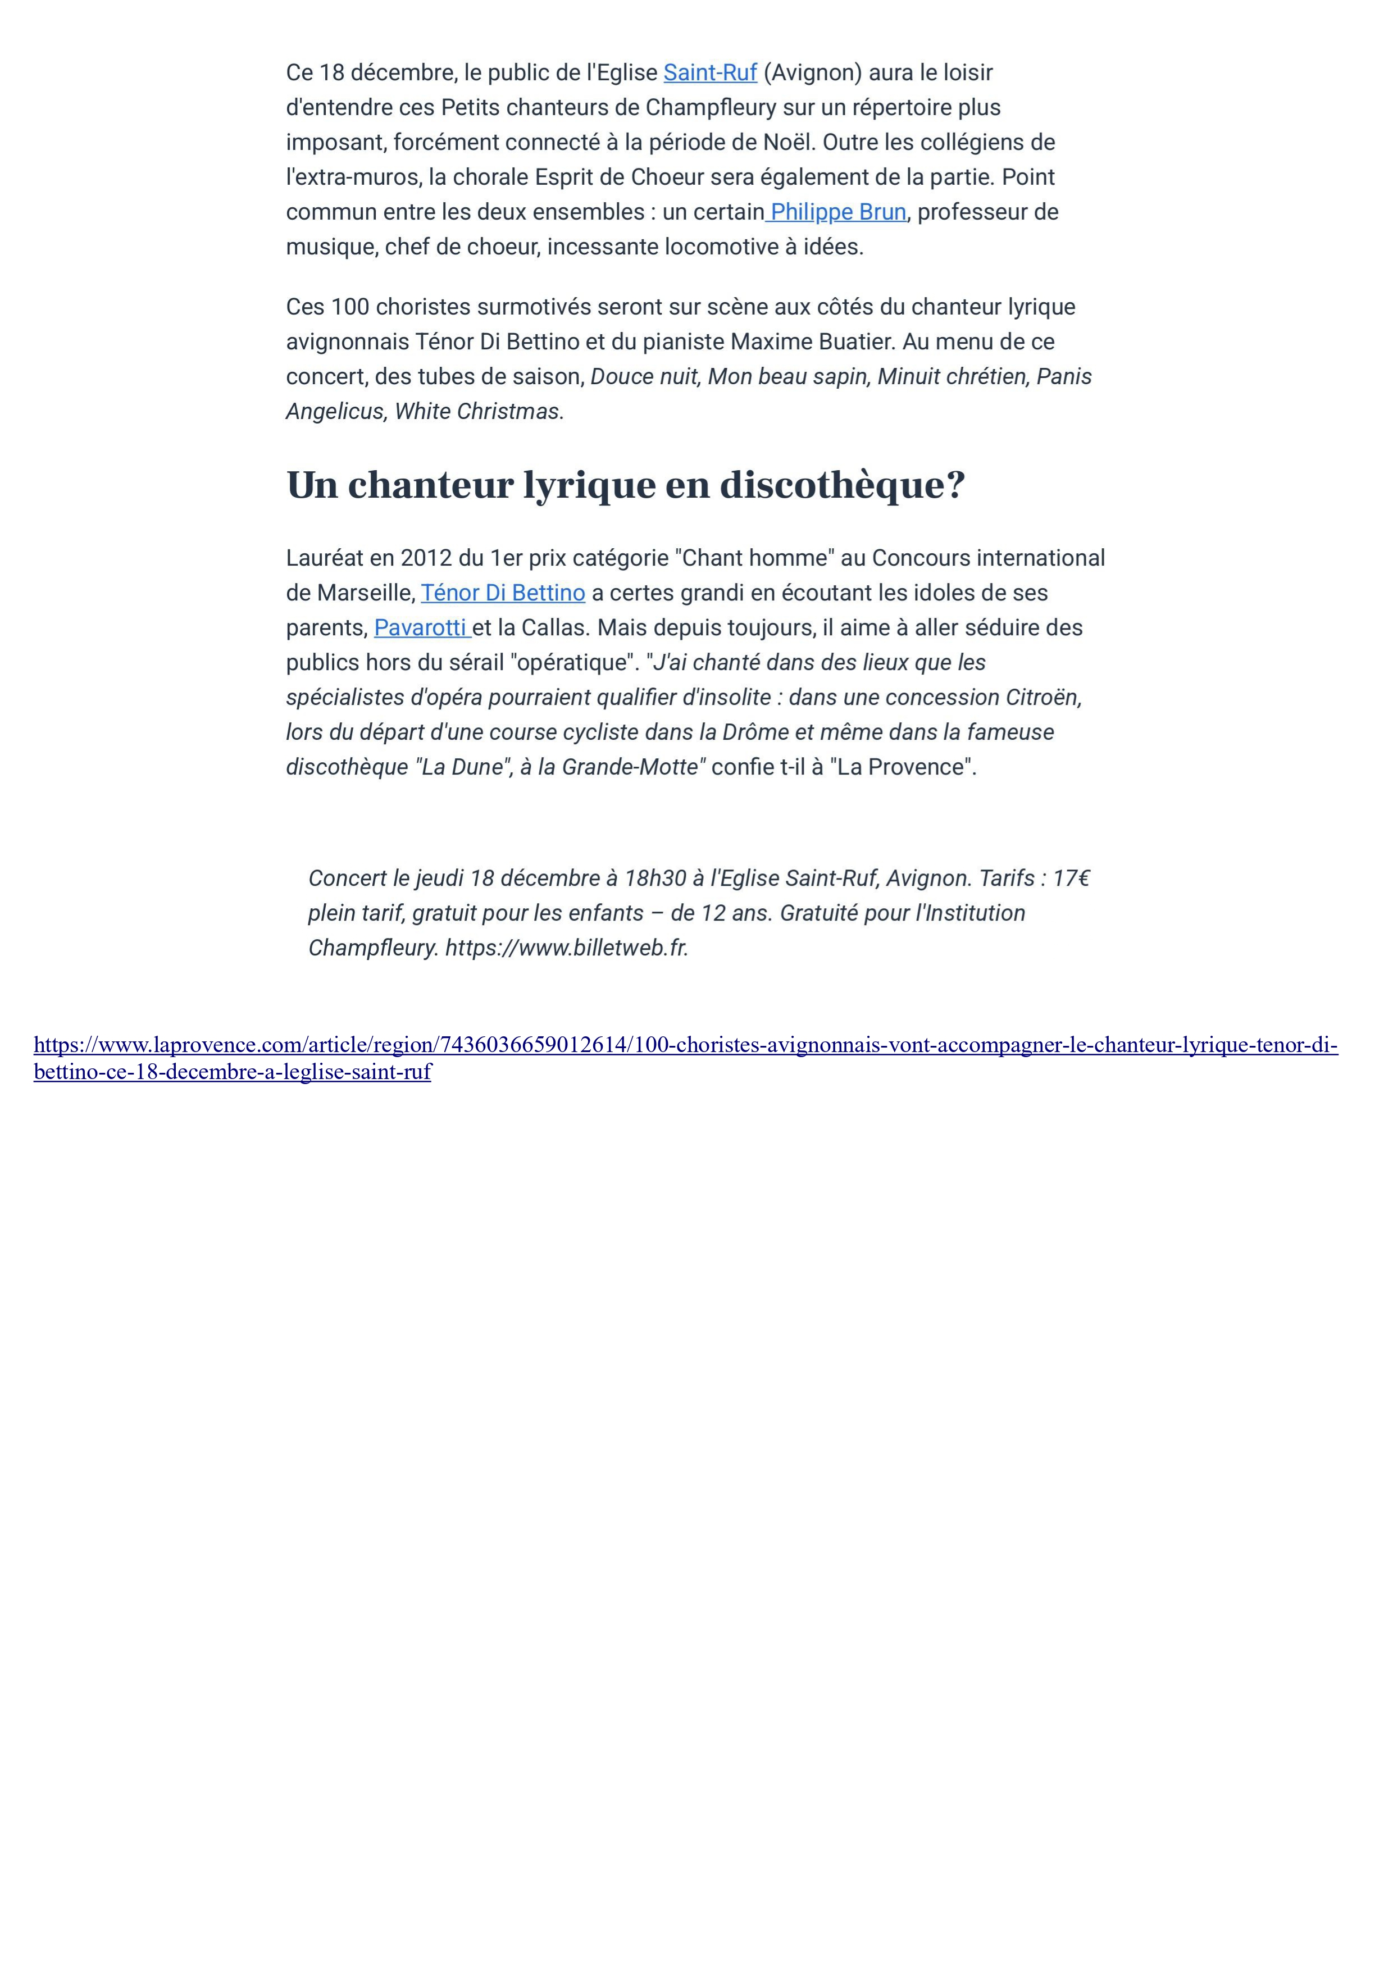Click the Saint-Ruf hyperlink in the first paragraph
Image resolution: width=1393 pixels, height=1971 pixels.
click(x=710, y=73)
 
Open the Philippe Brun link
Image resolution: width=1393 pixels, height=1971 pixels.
click(x=837, y=212)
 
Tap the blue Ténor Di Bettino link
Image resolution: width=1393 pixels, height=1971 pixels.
click(x=503, y=593)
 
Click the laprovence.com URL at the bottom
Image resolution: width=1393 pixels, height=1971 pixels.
click(x=685, y=1045)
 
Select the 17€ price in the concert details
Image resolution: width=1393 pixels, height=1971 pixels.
click(x=1071, y=878)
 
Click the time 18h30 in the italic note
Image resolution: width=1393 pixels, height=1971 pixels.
click(x=655, y=878)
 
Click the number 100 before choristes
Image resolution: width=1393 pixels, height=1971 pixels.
click(x=349, y=307)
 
